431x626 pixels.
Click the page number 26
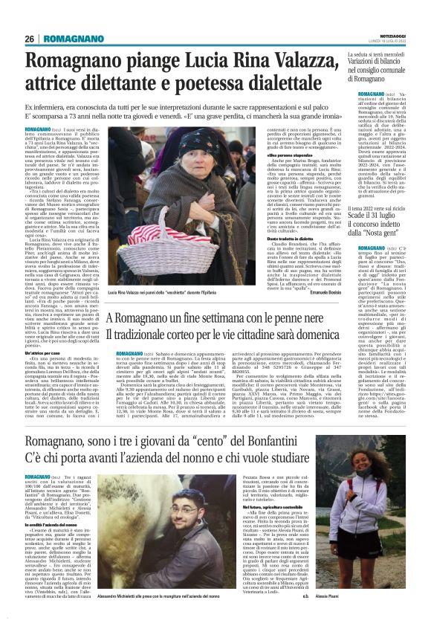[29, 38]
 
